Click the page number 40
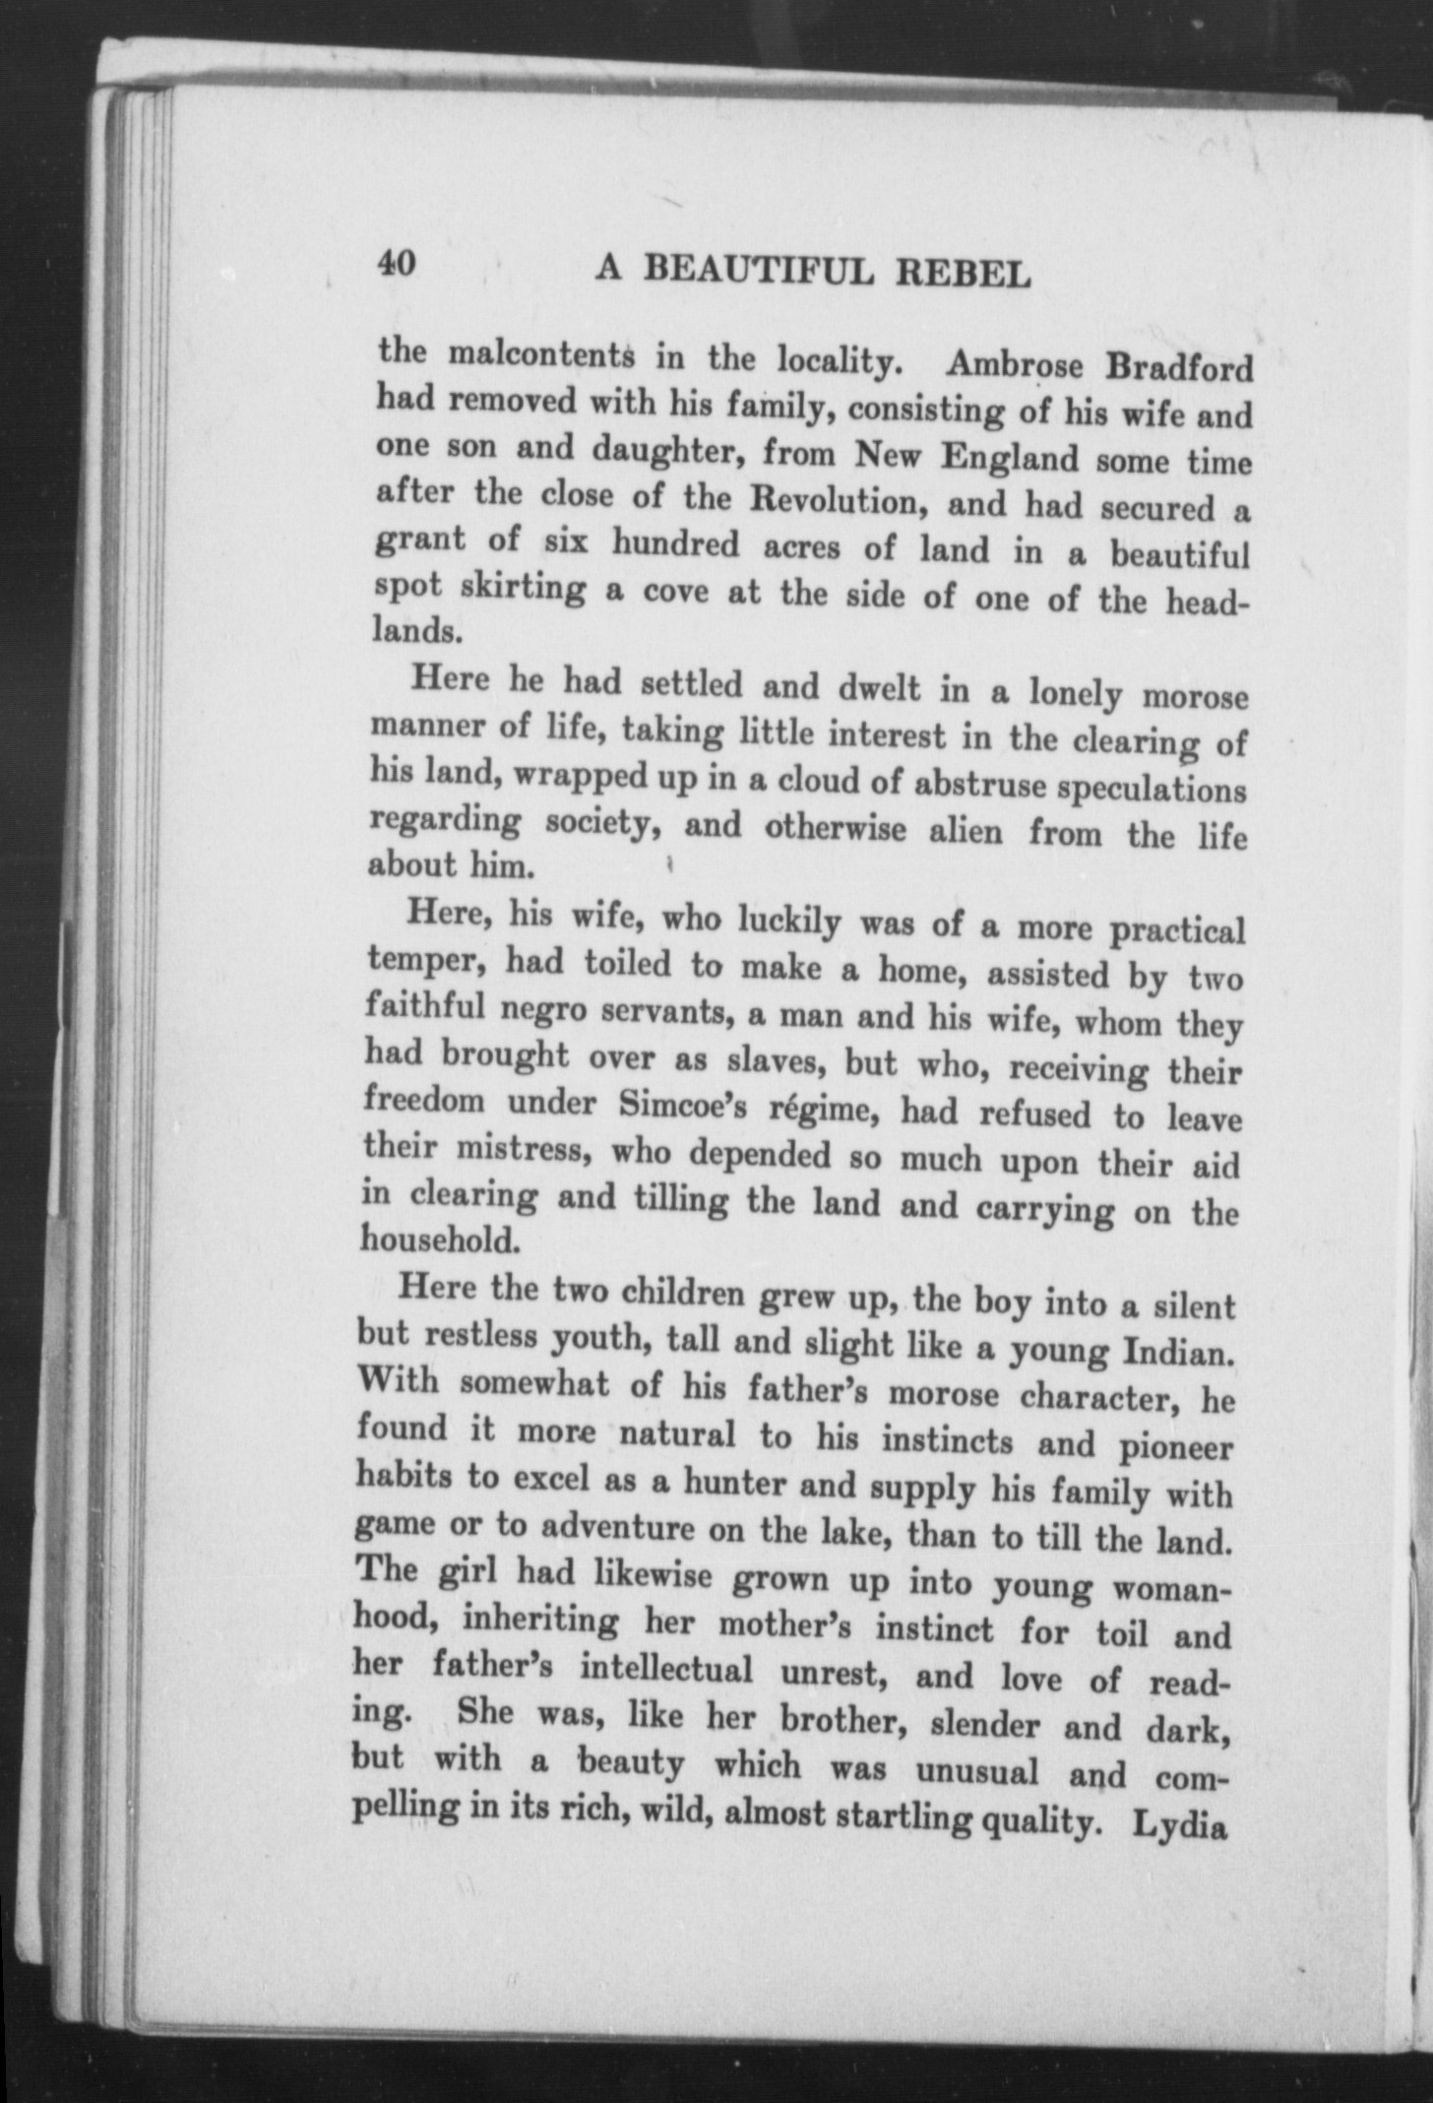click(x=397, y=264)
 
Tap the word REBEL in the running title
click(x=962, y=275)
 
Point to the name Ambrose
click(x=1015, y=364)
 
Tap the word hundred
click(x=674, y=542)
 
